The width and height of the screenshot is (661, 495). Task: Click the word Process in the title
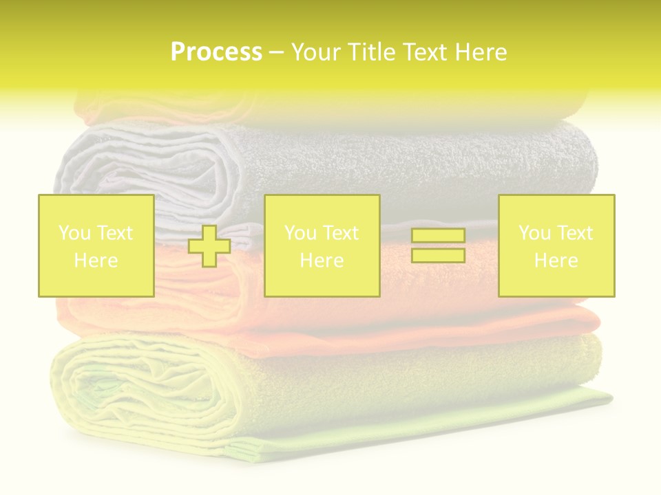click(216, 52)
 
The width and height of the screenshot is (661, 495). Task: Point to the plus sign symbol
click(209, 246)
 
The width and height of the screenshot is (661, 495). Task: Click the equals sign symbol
click(438, 245)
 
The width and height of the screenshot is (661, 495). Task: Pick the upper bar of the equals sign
click(438, 236)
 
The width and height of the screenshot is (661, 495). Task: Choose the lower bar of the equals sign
click(438, 255)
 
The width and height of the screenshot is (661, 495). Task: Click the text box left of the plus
click(96, 245)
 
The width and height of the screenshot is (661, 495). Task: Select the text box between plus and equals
click(322, 245)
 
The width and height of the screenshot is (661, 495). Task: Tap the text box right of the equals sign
click(556, 245)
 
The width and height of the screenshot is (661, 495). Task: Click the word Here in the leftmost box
click(96, 261)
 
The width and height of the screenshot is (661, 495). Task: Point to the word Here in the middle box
click(322, 261)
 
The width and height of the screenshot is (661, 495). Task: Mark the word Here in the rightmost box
click(556, 261)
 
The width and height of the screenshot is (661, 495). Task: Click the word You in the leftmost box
click(74, 233)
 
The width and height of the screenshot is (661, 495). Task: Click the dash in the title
click(276, 53)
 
